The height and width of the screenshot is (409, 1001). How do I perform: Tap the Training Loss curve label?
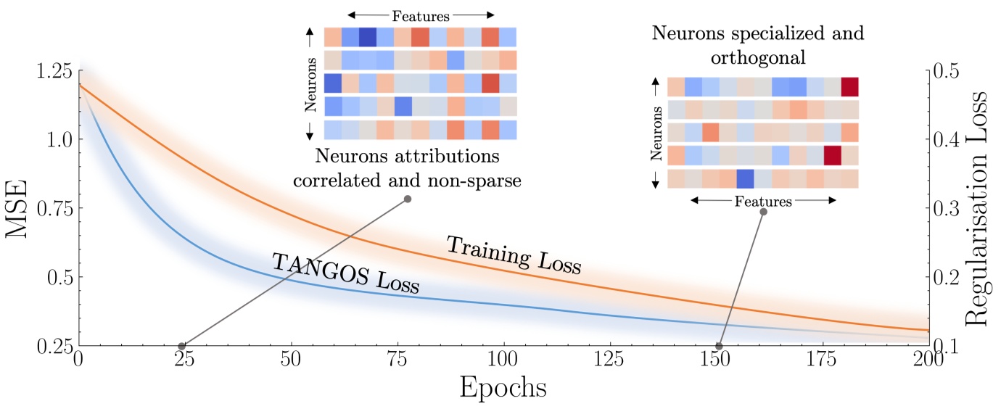pyautogui.click(x=514, y=255)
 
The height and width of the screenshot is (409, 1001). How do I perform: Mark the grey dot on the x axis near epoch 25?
pyautogui.click(x=182, y=346)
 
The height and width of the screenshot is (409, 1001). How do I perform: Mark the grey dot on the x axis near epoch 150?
pyautogui.click(x=719, y=346)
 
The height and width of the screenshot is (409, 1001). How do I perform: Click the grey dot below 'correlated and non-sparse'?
pyautogui.click(x=408, y=199)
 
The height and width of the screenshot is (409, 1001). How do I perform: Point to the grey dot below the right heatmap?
pyautogui.click(x=763, y=212)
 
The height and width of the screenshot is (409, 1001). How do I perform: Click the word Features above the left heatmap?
pyautogui.click(x=421, y=15)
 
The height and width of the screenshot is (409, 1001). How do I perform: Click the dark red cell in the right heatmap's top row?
pyautogui.click(x=849, y=87)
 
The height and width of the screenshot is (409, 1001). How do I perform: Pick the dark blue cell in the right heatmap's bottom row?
pyautogui.click(x=745, y=179)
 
